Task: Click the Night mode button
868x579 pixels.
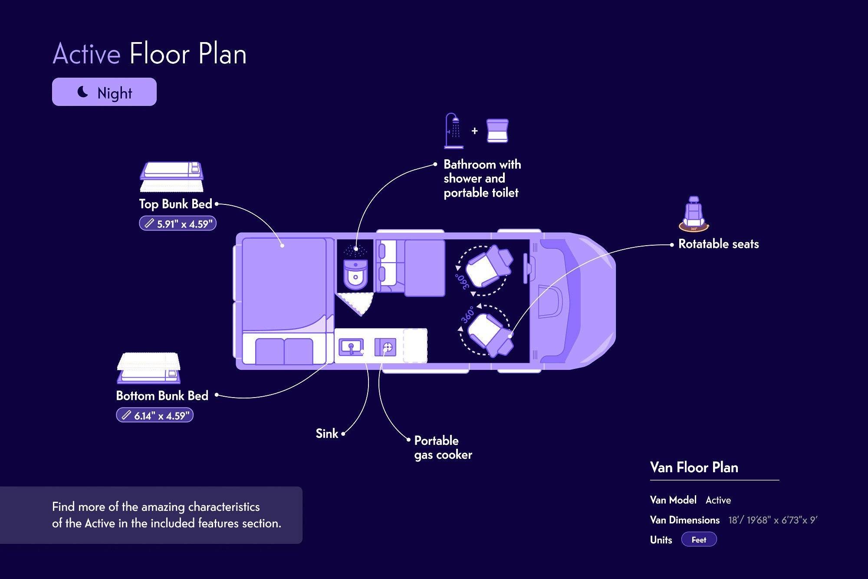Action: [x=104, y=92]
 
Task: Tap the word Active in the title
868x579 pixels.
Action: [x=86, y=54]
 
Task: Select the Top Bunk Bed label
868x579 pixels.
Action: [x=175, y=204]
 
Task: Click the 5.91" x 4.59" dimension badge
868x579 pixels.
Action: [x=178, y=224]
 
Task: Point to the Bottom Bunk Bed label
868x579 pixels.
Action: [x=162, y=396]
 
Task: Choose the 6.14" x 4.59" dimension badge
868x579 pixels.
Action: [x=155, y=415]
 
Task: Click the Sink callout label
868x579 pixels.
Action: [x=327, y=434]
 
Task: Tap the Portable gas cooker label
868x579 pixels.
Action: [x=443, y=447]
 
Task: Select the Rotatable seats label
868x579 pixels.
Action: [x=718, y=244]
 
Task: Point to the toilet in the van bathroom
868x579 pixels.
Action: [x=355, y=274]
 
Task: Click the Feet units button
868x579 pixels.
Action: [x=699, y=540]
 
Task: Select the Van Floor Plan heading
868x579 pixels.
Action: [x=694, y=467]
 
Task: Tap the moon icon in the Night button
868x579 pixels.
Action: [x=82, y=92]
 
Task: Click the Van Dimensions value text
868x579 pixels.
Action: [x=773, y=520]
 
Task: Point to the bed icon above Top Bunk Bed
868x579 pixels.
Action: [x=172, y=177]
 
